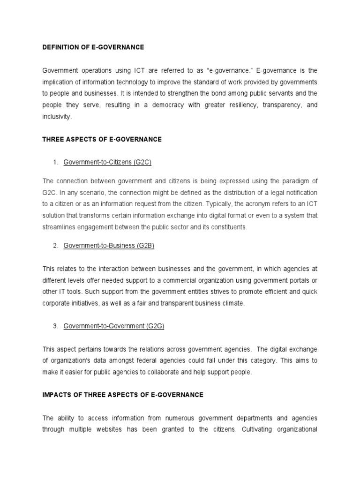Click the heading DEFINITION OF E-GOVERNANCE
click(x=93, y=47)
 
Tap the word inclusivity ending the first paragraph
click(x=57, y=117)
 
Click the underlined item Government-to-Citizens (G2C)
click(x=107, y=162)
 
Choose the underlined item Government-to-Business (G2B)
click(x=109, y=246)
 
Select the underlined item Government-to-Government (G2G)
click(x=114, y=326)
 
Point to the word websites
click(x=114, y=429)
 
